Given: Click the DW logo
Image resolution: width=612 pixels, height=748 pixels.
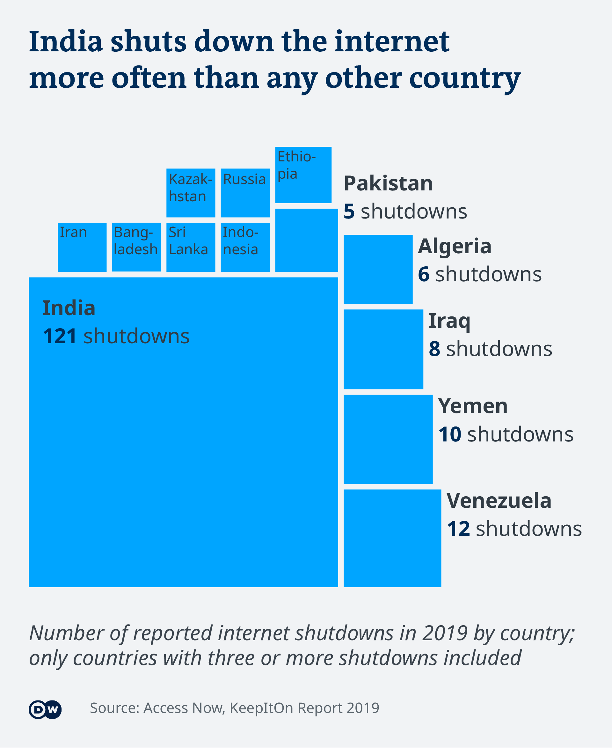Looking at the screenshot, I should pos(45,709).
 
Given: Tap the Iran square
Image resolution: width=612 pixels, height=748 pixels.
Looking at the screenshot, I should pos(82,247).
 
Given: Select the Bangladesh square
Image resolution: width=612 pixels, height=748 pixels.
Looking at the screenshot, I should pos(136,247).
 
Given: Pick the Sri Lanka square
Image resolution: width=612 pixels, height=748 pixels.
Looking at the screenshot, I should pos(191,247).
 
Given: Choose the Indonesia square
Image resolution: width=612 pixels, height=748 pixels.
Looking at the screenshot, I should pos(245,247).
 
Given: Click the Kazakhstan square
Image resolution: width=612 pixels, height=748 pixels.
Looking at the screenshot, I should pos(191,193).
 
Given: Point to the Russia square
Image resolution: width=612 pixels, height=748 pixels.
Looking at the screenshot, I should pos(245,193).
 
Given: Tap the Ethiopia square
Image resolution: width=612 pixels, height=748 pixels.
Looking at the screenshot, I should pos(303,175).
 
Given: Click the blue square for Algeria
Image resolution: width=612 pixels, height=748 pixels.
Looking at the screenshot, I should pos(378,269).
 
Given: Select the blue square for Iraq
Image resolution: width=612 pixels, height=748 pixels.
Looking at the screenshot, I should pos(383,349).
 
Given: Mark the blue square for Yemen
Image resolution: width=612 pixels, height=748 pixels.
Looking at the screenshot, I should pos(388,439).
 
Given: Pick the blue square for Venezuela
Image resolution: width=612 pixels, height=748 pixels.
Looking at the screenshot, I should pos(392,538).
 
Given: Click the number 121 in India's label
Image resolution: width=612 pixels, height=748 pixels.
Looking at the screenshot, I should pos(60,336).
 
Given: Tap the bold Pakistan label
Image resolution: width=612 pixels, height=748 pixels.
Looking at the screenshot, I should pos(388,183).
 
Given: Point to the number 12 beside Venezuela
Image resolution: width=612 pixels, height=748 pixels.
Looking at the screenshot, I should pos(458,529).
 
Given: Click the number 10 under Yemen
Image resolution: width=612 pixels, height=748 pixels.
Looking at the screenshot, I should pos(450,434).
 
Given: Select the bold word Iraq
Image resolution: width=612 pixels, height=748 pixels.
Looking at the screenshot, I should pos(449,321).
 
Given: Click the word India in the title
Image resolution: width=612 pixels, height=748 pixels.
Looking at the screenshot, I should pos(66,42).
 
